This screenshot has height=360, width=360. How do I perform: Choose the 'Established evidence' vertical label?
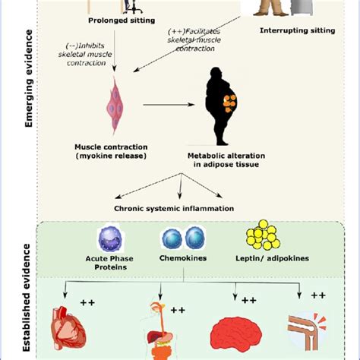(x=28, y=296)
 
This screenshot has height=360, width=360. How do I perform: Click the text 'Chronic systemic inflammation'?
(x=173, y=207)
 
